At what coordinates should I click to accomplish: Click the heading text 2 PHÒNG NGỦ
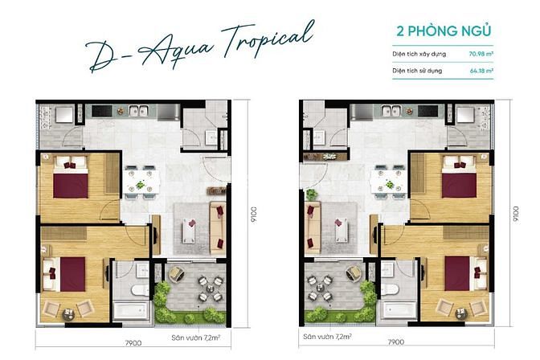coord(444,31)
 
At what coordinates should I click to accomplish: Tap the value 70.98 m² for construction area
coord(481,54)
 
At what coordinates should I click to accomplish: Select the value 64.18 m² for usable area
coord(481,71)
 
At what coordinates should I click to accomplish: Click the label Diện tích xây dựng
coord(419,54)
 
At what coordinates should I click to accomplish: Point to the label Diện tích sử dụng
coord(417,71)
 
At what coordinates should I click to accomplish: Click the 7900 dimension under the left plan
coord(133,343)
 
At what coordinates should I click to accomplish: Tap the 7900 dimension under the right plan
coord(395,342)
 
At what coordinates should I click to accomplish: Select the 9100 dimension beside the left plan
coord(254,215)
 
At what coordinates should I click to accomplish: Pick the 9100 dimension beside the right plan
coord(516,215)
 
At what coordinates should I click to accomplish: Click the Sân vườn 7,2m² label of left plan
coord(195,337)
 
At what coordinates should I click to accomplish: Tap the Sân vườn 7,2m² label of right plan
coord(327,336)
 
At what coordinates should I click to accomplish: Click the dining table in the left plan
coord(143,182)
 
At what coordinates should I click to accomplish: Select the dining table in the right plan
coord(387,182)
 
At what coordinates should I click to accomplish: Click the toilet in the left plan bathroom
coord(140,290)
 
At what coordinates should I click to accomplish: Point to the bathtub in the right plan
coord(399,309)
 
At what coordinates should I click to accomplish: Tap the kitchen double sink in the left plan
coord(138,111)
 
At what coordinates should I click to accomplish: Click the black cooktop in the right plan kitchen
coord(427,111)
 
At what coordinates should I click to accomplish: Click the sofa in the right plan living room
coord(313,227)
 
